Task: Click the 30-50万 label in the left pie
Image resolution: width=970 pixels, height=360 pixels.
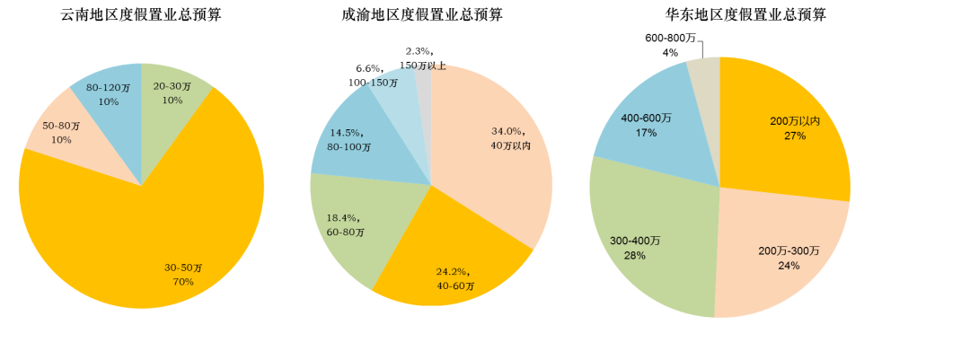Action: (x=183, y=268)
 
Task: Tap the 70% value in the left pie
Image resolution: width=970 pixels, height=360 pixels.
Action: (x=183, y=282)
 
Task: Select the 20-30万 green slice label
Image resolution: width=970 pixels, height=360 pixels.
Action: (x=172, y=86)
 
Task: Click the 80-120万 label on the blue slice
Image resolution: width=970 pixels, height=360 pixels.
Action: (x=108, y=88)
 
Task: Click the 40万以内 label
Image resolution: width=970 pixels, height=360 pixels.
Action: (x=510, y=145)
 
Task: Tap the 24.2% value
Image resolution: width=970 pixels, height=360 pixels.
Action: (x=454, y=271)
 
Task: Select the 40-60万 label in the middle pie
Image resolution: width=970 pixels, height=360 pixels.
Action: (x=455, y=285)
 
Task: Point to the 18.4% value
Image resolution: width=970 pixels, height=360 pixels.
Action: (x=344, y=218)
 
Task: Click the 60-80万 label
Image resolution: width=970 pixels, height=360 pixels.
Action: (x=346, y=233)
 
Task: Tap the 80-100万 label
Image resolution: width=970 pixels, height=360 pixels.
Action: (x=349, y=146)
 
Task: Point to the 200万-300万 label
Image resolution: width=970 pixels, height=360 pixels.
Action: (x=789, y=251)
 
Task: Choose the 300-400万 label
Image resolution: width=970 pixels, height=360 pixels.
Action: (x=635, y=241)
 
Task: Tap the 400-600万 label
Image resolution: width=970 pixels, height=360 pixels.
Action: (x=646, y=119)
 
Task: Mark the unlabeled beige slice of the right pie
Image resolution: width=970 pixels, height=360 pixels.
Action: (x=704, y=72)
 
